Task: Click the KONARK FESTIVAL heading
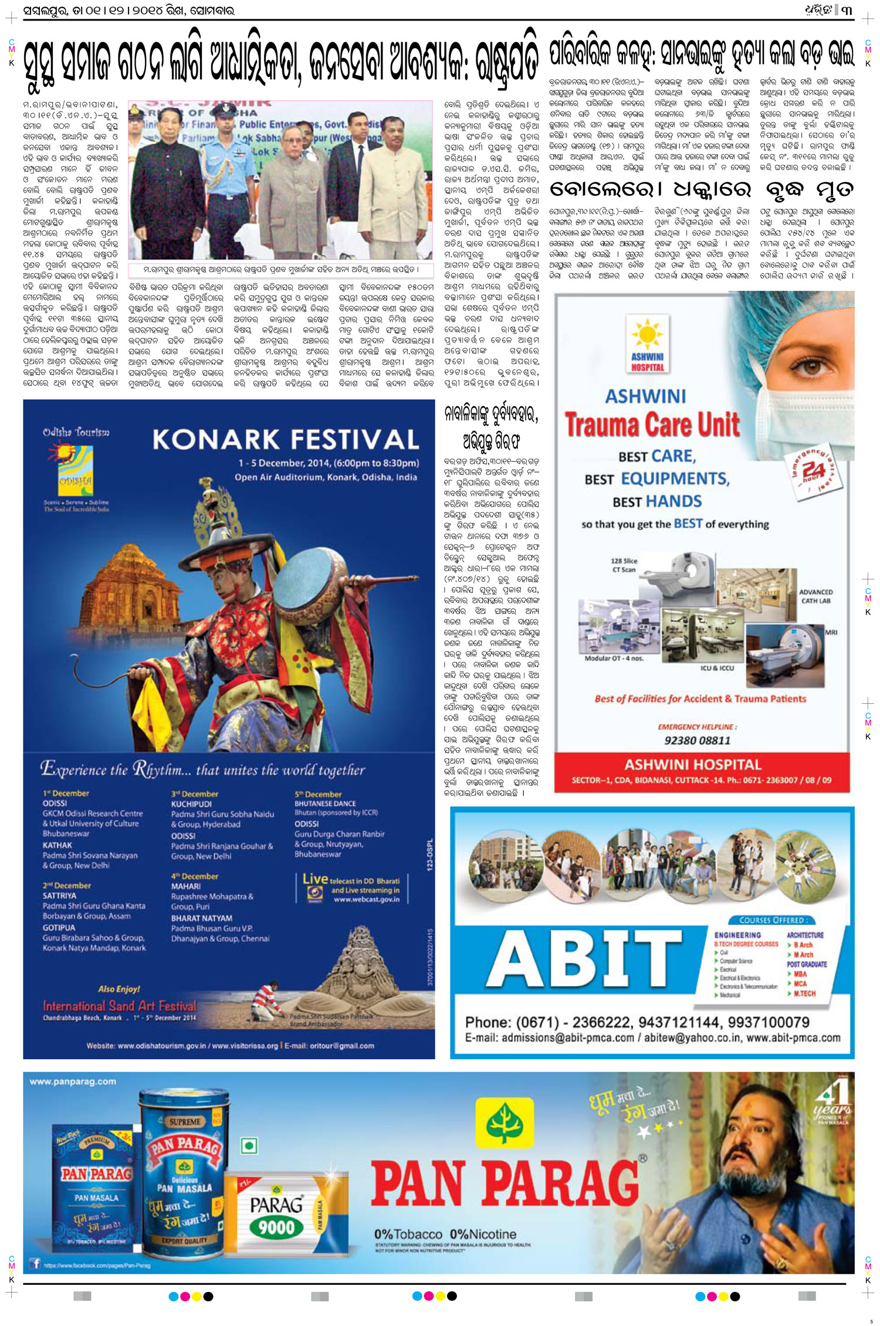point(286,439)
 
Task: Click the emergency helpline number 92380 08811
point(697,740)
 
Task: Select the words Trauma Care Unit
point(652,425)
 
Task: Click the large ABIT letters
point(584,958)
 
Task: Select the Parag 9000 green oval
point(276,1227)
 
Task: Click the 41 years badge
point(833,1103)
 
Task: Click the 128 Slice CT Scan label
point(624,565)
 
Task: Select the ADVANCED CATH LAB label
point(815,596)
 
